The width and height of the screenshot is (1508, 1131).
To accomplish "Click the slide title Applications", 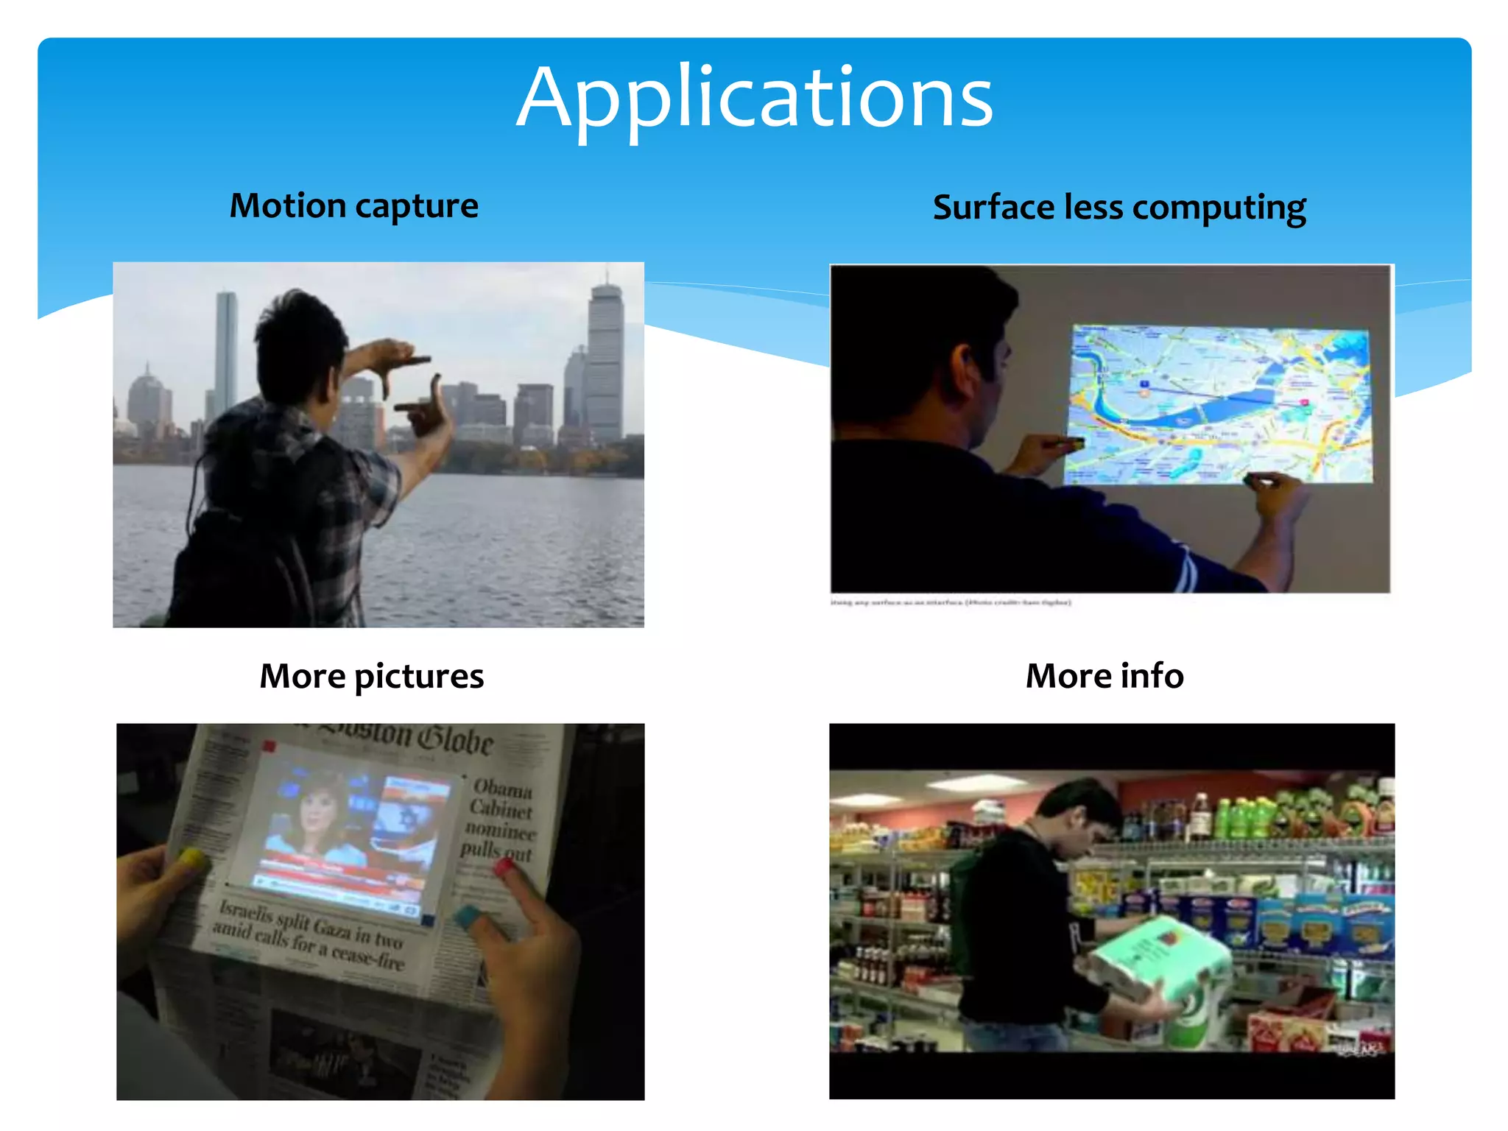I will [x=755, y=98].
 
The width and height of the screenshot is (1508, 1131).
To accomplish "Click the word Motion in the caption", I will [x=287, y=205].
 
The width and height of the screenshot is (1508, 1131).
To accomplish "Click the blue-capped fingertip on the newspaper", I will [x=467, y=917].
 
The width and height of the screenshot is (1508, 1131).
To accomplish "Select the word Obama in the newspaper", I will [x=502, y=789].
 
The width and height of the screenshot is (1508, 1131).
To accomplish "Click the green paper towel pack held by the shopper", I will [x=1160, y=965].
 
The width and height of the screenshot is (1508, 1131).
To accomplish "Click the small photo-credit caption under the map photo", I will [x=950, y=602].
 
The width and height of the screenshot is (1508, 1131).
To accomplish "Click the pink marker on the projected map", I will [x=1304, y=402].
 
